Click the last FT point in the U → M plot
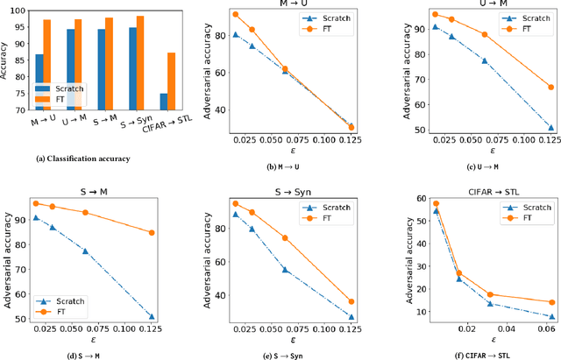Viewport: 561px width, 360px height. pyautogui.click(x=550, y=87)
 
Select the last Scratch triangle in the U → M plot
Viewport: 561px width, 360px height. pyautogui.click(x=550, y=127)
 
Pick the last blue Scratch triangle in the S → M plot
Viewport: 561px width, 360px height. pyautogui.click(x=152, y=316)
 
